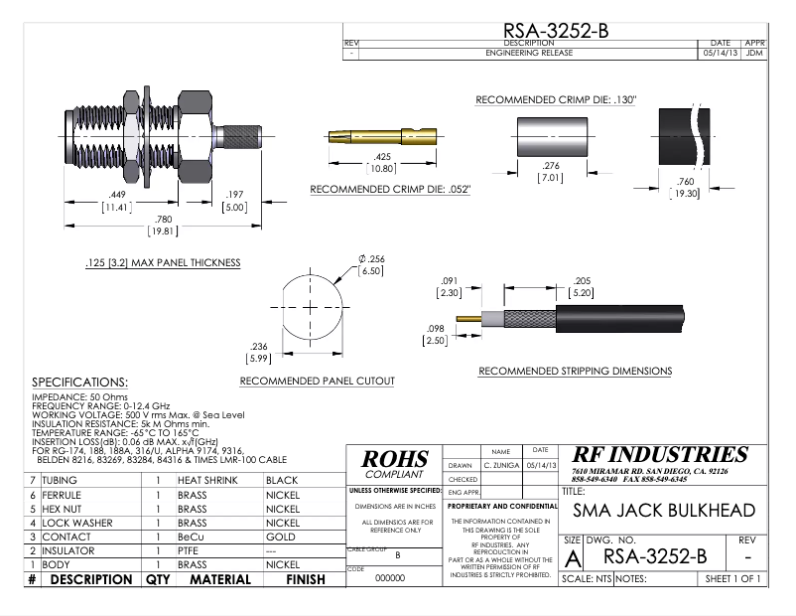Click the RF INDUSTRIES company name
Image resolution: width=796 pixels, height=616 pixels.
coord(659,455)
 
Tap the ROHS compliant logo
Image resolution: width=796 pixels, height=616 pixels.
coord(395,464)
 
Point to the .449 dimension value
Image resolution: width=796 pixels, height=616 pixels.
coord(117,202)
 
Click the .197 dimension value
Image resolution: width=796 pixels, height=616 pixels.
coord(234,202)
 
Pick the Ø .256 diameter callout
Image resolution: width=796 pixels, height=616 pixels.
coord(370,264)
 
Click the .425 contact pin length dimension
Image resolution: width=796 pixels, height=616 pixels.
coord(382,163)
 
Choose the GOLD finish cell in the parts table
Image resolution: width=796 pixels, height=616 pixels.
coord(283,537)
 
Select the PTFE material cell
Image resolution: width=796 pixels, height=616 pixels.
coord(189,550)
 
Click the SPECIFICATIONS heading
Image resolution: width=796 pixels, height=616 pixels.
coord(80,383)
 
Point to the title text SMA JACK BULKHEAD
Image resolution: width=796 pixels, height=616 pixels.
coord(664,511)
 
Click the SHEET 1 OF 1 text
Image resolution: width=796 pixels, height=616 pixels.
coord(733,578)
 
